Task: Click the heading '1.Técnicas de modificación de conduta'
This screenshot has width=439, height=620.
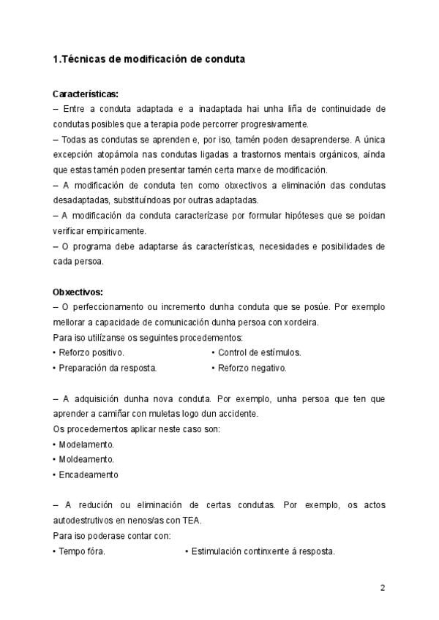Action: [149, 59]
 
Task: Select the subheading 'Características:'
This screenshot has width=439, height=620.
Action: [86, 94]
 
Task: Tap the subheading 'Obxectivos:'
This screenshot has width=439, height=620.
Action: [78, 291]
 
